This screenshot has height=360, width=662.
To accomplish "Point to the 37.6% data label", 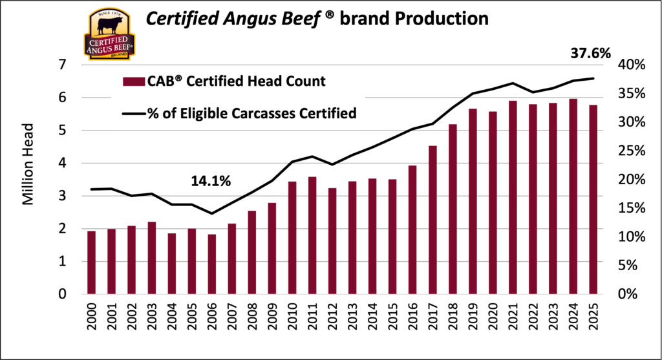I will click(x=590, y=54).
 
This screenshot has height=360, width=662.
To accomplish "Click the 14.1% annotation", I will click(x=211, y=182).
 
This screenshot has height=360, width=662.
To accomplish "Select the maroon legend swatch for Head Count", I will click(x=133, y=81).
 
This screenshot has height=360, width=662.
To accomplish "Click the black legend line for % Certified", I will click(x=133, y=114).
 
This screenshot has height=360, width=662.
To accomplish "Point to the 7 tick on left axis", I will click(x=62, y=65).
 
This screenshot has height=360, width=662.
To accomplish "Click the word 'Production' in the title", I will click(x=441, y=19).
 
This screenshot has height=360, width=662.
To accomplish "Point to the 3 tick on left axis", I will click(x=62, y=196).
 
